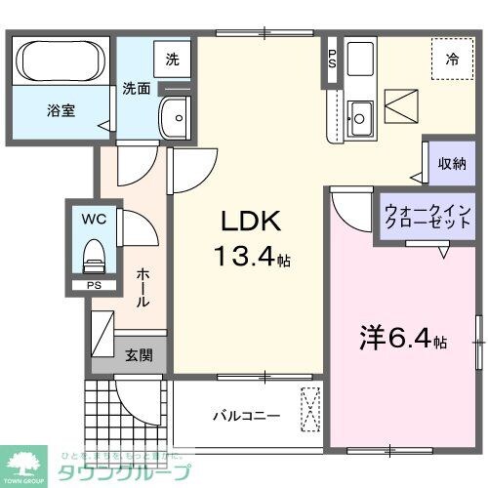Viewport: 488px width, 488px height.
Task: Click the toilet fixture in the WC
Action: point(94,258)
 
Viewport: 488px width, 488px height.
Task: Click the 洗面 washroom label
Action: point(137,89)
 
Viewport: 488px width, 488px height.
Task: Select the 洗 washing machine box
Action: point(172,58)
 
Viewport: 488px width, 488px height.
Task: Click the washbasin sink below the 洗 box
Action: point(176,117)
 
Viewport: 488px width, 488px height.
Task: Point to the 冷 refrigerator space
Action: point(452,60)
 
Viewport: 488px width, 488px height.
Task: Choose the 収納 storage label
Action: point(453,163)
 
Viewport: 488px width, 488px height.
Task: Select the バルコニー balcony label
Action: point(247,416)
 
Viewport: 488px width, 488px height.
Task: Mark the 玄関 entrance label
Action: point(138,355)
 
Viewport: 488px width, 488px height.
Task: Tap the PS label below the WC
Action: point(94,286)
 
